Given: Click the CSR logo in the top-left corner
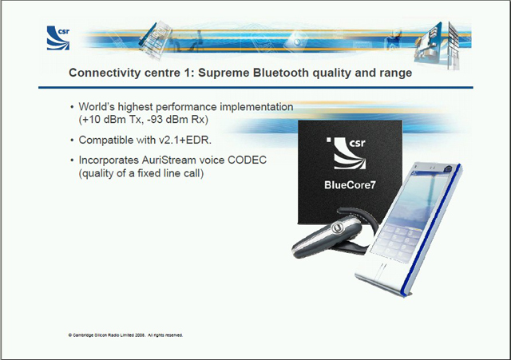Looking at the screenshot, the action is pos(58,38).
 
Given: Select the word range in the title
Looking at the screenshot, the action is pos(396,73).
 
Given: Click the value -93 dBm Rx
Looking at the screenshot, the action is pos(176,120).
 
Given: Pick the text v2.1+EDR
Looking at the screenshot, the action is pos(185,140).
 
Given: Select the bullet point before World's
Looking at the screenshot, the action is pos(72,107).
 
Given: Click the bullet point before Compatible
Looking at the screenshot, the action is pos(72,140).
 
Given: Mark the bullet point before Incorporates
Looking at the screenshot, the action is pos(72,160).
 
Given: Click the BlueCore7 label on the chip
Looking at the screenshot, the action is pos(350,185).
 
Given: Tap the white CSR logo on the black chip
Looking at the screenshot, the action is pos(346,152).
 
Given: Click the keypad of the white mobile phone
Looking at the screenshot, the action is pos(395,242).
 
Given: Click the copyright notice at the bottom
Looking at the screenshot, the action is pos(125,335).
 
